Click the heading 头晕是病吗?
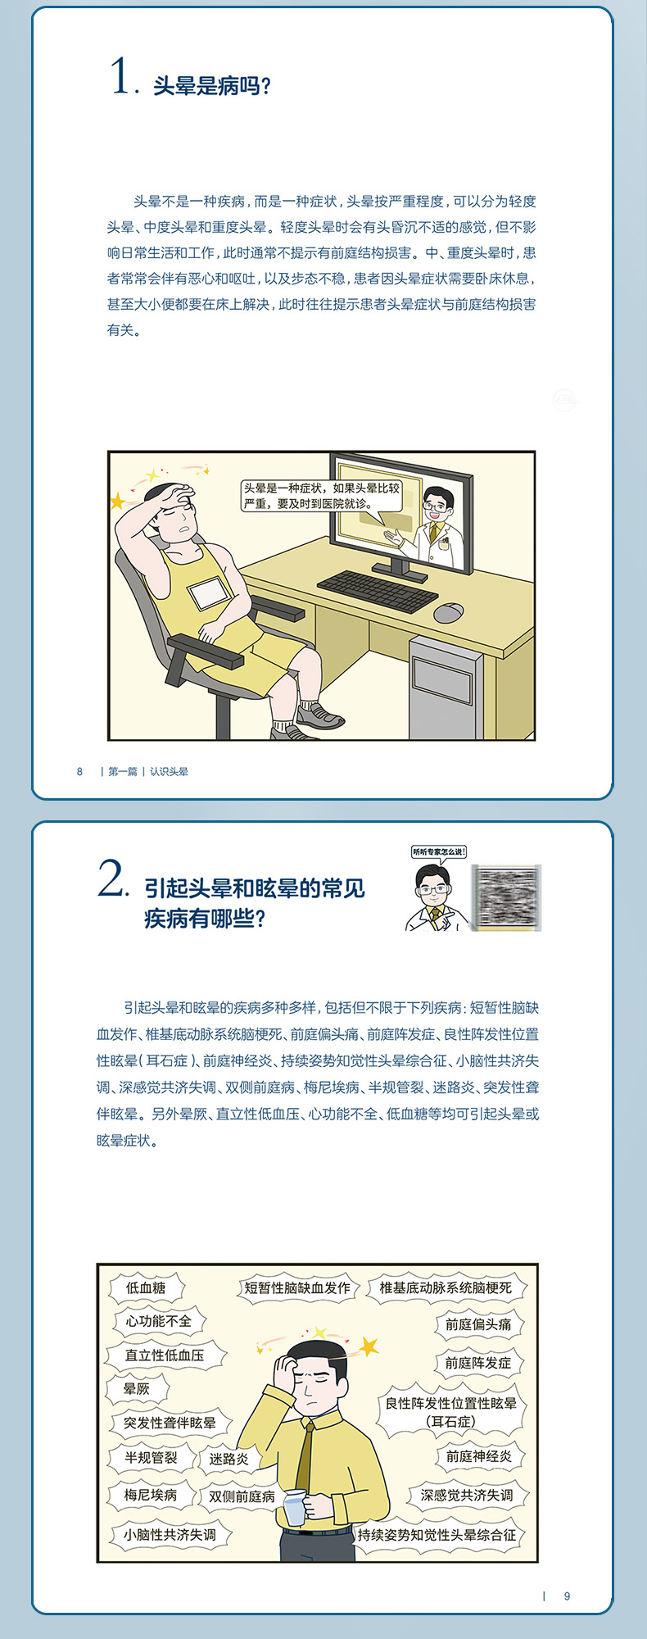[212, 86]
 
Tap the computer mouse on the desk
[448, 612]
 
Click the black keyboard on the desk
[377, 589]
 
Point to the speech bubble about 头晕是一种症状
[321, 497]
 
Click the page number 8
[79, 771]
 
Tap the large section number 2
[111, 880]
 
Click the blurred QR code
[507, 897]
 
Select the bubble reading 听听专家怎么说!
[439, 852]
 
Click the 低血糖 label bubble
[146, 1288]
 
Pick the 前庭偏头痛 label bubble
[478, 1324]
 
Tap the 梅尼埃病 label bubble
[151, 1495]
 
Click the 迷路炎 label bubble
[228, 1459]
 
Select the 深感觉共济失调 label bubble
[467, 1495]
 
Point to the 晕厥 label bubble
[137, 1388]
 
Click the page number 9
[567, 1596]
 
